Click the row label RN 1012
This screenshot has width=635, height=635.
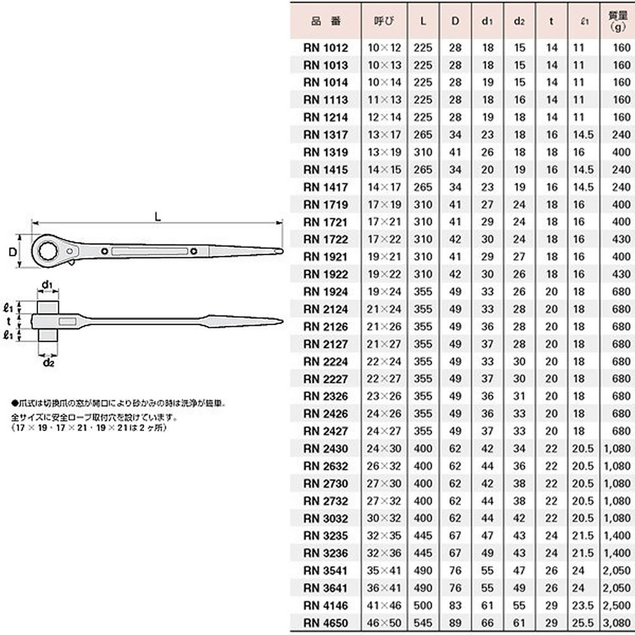[x=325, y=48]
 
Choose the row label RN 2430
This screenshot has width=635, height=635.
[x=325, y=449]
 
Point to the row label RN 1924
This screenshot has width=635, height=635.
[x=325, y=292]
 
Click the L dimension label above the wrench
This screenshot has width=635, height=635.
[x=157, y=217]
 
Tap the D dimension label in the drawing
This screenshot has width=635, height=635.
[x=12, y=252]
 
